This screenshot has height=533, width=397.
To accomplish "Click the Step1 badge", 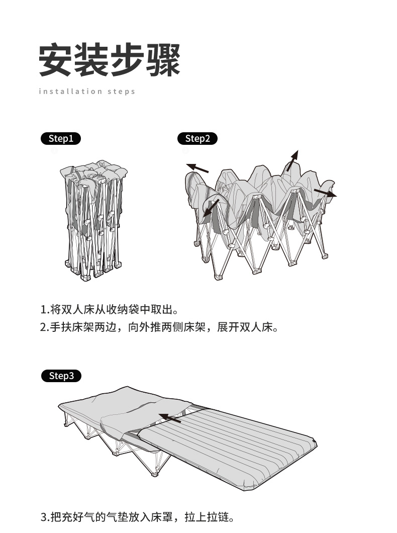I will click(x=60, y=139).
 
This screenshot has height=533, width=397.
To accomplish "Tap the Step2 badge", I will click(x=197, y=139).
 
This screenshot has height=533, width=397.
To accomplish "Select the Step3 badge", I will click(x=61, y=376).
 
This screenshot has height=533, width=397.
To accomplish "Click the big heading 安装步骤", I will click(x=110, y=61).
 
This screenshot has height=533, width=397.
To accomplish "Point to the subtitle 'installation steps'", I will click(x=87, y=92).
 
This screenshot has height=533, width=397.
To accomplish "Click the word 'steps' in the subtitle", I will click(x=121, y=92).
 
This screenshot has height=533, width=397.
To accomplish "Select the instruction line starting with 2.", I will click(x=159, y=327).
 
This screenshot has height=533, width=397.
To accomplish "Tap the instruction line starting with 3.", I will click(x=137, y=517).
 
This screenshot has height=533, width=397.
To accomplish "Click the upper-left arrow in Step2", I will click(x=197, y=167).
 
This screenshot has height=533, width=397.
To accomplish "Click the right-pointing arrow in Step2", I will click(x=325, y=193).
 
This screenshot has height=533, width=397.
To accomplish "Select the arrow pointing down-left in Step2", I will click(x=211, y=209).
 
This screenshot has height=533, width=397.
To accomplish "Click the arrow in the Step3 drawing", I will click(x=170, y=417).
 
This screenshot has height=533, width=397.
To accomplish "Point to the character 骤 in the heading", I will click(x=163, y=61).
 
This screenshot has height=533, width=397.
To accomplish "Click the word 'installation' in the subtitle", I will click(x=70, y=92).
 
